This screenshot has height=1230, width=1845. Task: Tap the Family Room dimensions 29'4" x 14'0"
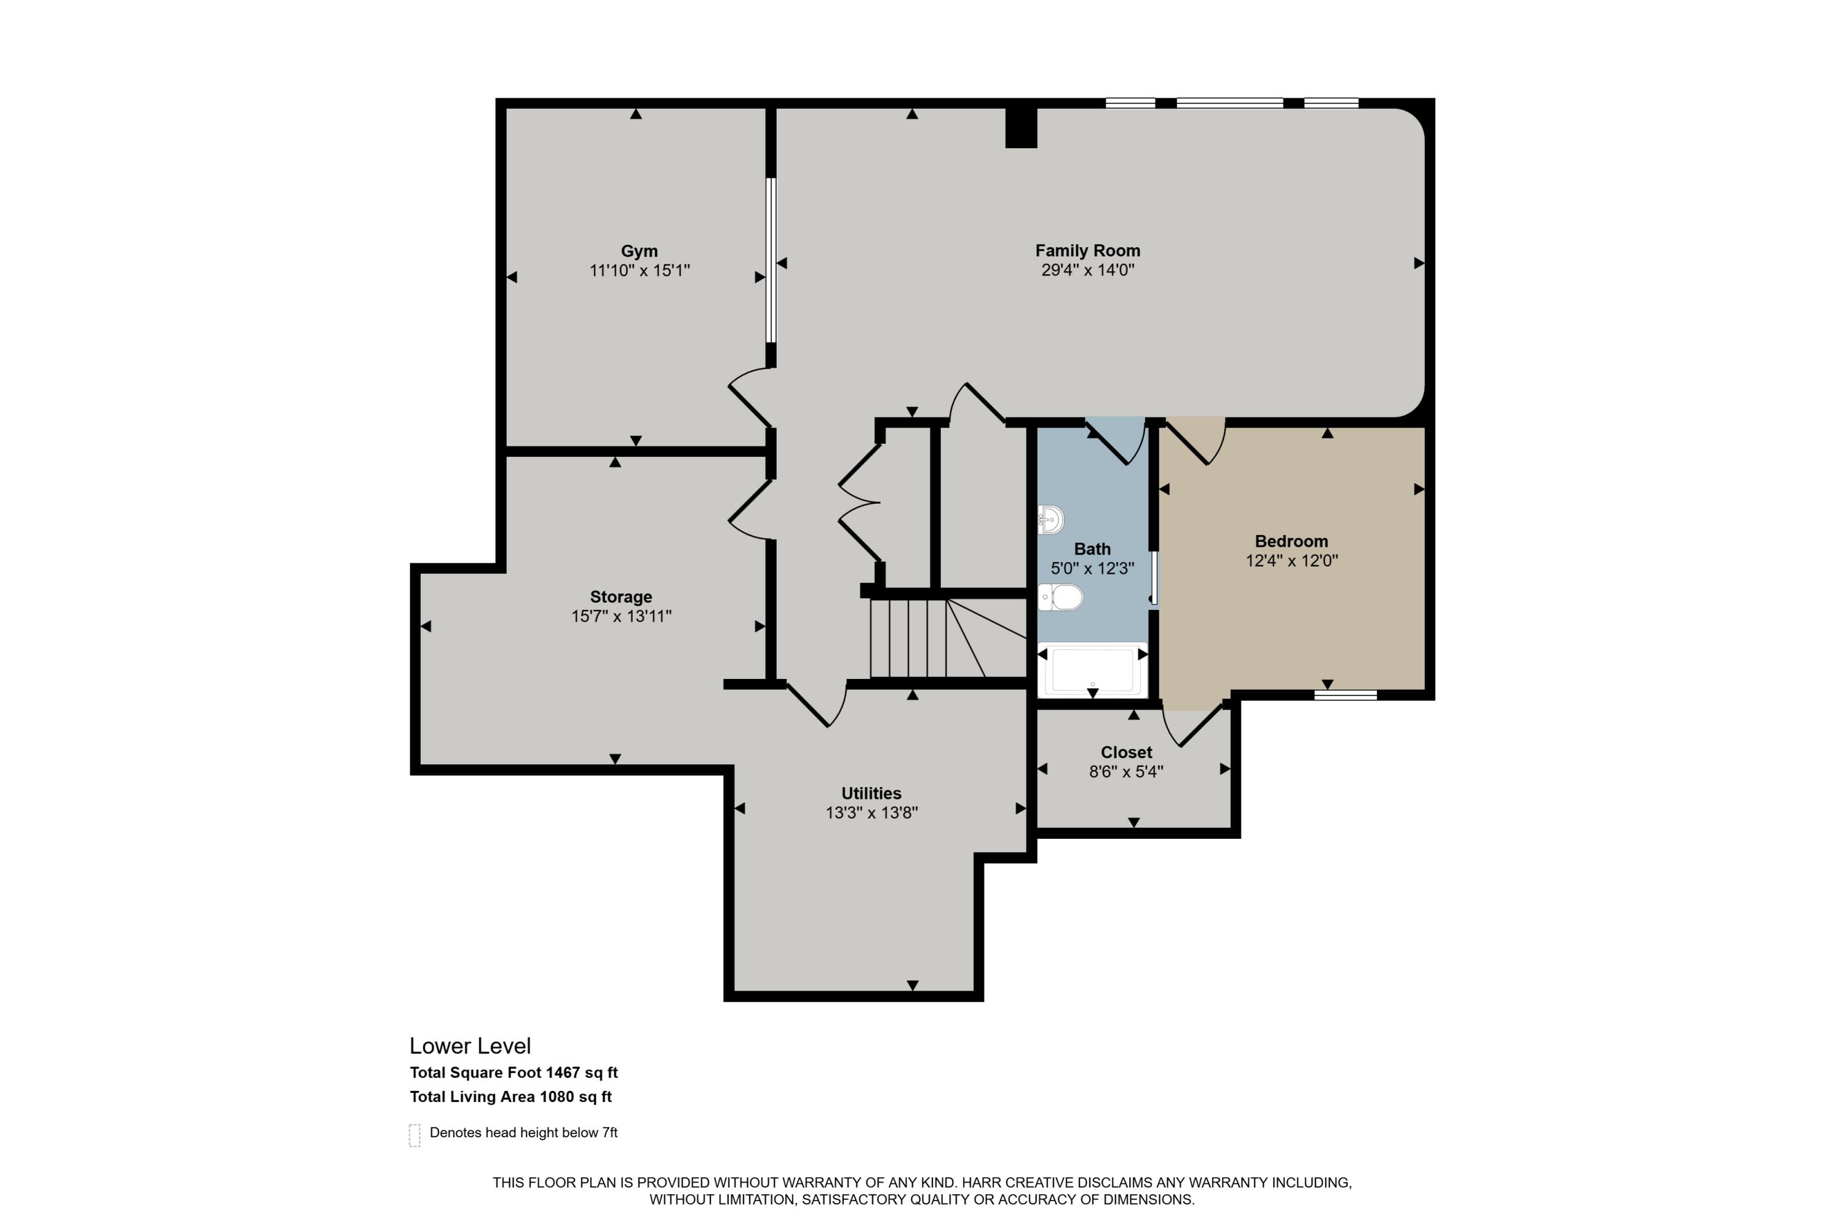click(1087, 271)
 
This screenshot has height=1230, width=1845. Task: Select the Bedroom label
click(1291, 541)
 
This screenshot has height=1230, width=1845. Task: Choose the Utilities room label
click(871, 793)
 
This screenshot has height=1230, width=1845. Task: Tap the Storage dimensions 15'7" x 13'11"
click(621, 617)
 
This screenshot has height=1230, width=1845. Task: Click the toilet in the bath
click(1061, 598)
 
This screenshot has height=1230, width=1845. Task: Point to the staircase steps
click(910, 638)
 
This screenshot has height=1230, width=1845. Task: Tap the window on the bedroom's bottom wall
click(1346, 695)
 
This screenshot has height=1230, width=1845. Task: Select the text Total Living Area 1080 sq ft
click(510, 1097)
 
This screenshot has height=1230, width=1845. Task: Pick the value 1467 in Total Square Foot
click(563, 1073)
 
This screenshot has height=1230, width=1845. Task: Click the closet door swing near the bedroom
click(1192, 726)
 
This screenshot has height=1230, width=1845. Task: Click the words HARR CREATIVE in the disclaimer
click(1017, 1182)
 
